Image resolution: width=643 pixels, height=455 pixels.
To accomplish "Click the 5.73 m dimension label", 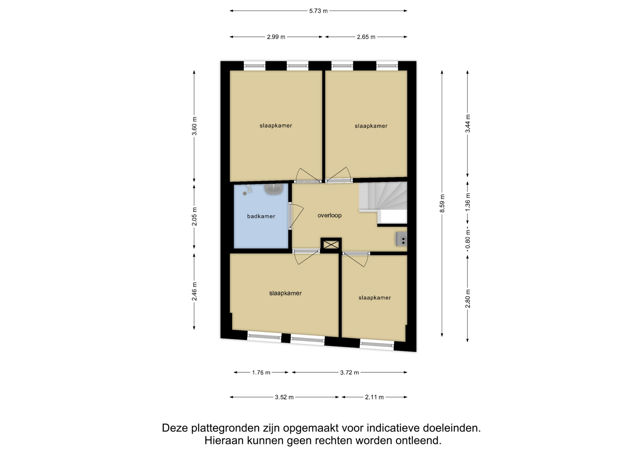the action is (x=318, y=11).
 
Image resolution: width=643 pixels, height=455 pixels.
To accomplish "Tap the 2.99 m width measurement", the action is (x=276, y=37).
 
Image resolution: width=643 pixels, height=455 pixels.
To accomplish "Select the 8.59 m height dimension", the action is (x=442, y=203).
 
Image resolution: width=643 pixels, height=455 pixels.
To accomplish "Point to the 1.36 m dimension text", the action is (x=468, y=202).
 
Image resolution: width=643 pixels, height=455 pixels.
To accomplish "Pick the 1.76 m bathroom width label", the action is (x=261, y=372).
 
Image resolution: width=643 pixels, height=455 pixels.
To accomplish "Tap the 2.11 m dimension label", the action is (x=374, y=397).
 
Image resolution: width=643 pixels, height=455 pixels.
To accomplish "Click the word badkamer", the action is (x=261, y=216).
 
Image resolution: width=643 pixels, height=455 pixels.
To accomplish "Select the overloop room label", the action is (x=330, y=215).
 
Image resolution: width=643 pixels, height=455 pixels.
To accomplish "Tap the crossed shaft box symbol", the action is (x=331, y=245).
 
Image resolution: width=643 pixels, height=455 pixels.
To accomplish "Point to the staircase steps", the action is (x=383, y=196).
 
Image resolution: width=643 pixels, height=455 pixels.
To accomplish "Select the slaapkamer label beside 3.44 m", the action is (x=371, y=126).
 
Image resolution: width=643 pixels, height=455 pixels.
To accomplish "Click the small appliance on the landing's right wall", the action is (x=402, y=239).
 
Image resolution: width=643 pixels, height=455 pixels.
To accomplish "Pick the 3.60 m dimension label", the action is (x=194, y=126).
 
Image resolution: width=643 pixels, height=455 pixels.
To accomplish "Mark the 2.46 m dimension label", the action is (x=194, y=291).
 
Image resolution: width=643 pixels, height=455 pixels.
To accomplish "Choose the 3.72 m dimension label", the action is (x=349, y=372).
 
